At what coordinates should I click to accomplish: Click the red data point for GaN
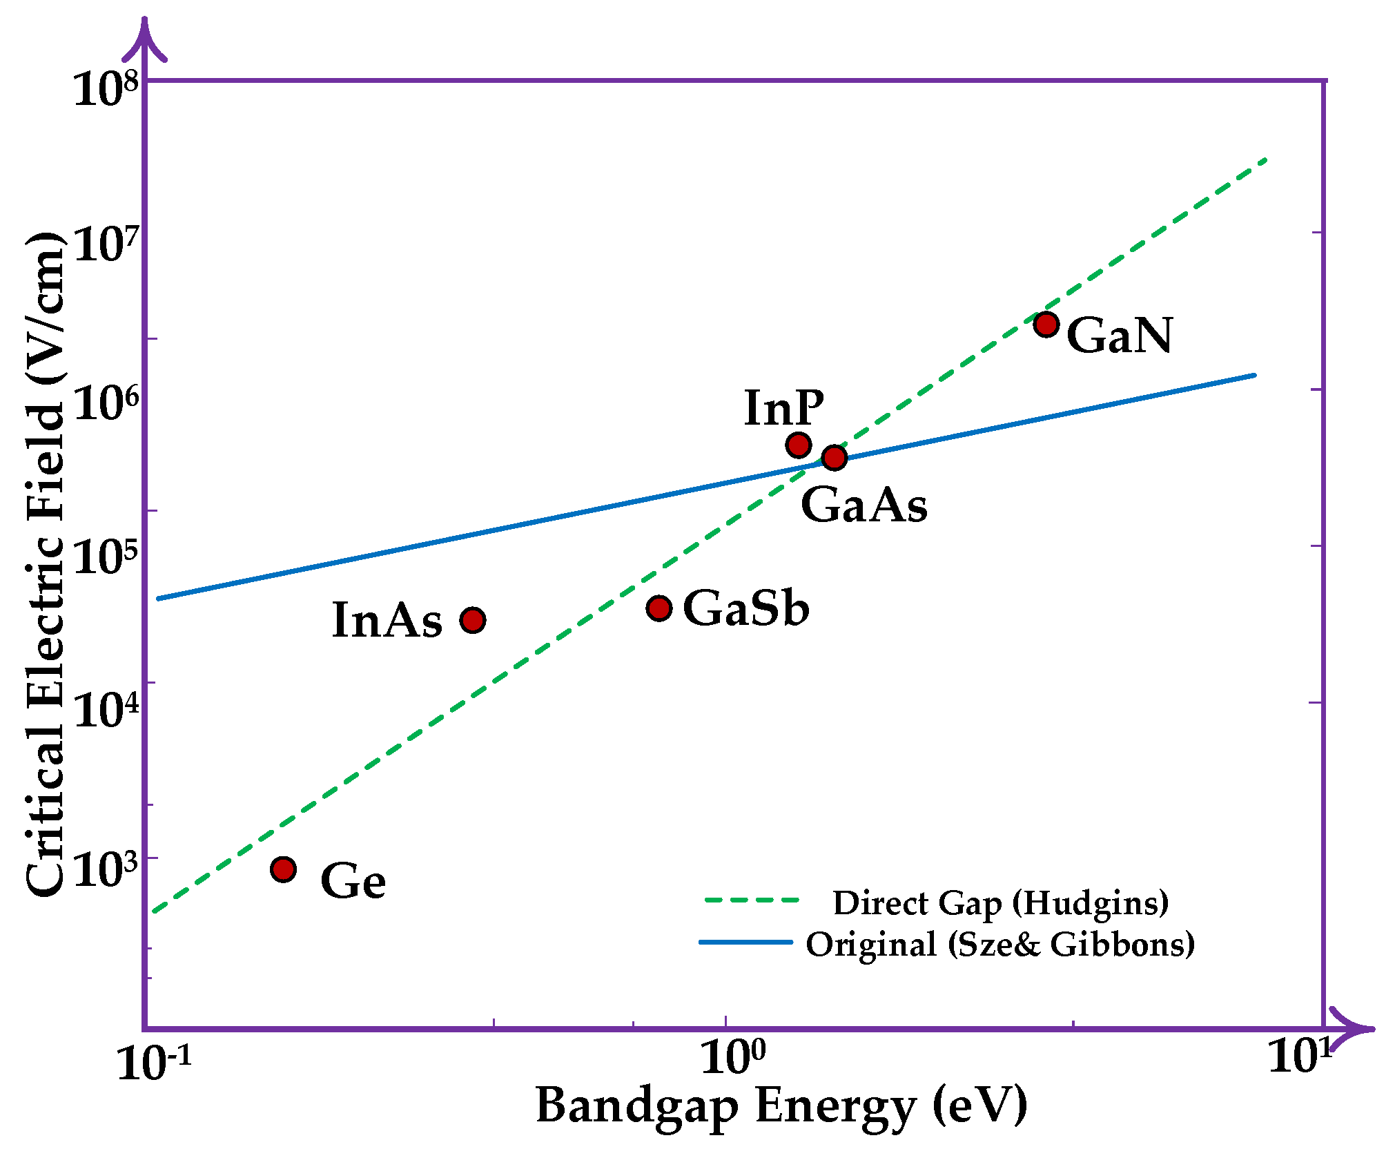[1046, 324]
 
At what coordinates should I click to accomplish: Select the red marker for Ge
[283, 869]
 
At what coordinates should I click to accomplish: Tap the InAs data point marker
[472, 620]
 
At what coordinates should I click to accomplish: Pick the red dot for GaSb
[659, 608]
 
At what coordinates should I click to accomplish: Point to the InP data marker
[798, 445]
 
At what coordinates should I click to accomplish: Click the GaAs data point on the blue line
[834, 457]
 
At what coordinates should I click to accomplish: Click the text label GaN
[1119, 336]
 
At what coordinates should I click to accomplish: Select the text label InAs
[387, 620]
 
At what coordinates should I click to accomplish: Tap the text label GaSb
[745, 609]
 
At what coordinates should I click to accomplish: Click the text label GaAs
[864, 505]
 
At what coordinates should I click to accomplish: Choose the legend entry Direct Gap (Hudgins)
[1000, 902]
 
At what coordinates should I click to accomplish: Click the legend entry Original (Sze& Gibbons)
[1000, 944]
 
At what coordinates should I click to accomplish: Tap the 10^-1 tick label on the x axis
[153, 1062]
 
